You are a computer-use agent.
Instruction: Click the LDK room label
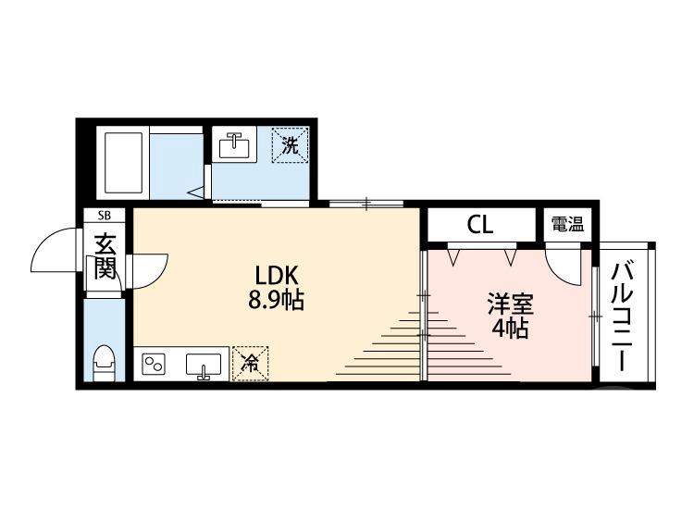click(x=277, y=276)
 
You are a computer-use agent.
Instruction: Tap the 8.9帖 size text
click(x=277, y=300)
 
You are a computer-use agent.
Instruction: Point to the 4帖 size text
click(x=510, y=329)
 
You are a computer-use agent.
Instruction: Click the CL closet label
click(x=480, y=224)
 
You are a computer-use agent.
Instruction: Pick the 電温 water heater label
click(x=567, y=224)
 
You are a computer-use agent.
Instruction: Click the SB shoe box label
click(x=104, y=216)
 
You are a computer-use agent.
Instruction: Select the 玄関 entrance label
click(x=105, y=259)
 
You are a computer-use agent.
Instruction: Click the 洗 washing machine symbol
click(x=290, y=144)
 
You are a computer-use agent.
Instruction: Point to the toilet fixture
click(x=105, y=362)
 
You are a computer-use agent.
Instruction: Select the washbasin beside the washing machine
click(x=235, y=145)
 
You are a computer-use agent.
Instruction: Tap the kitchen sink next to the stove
click(x=204, y=365)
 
